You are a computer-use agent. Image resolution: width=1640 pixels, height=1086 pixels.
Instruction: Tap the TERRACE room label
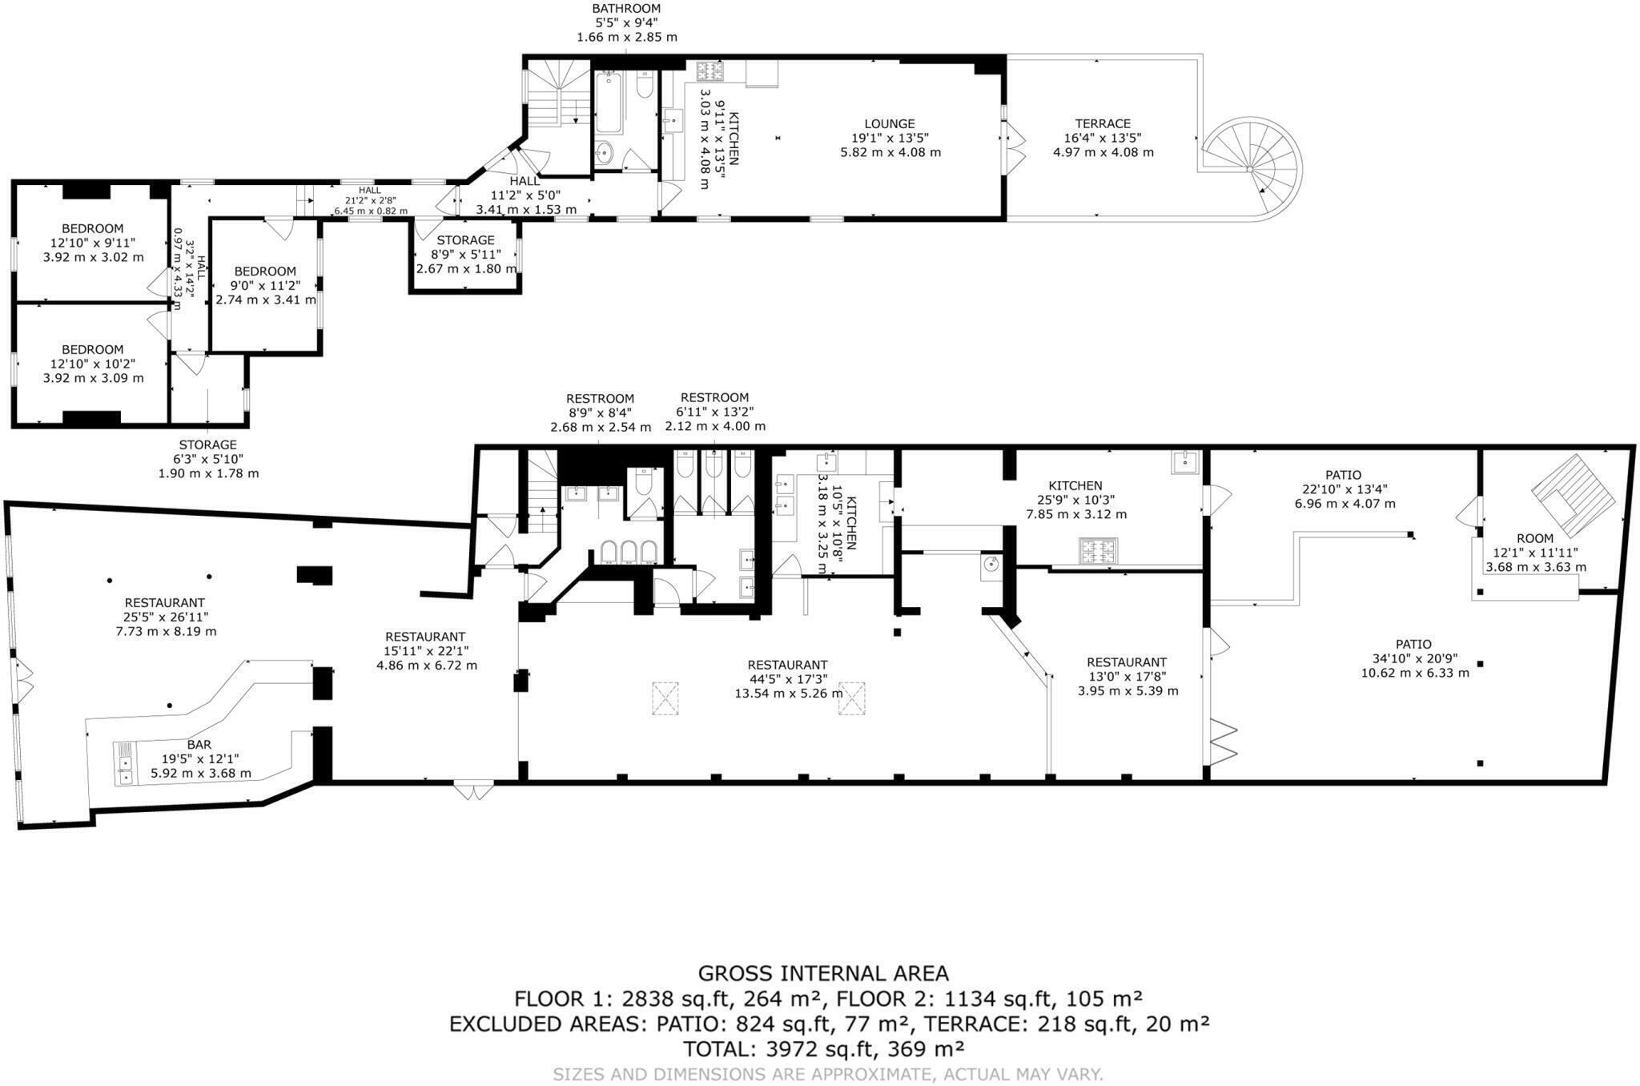click(1103, 123)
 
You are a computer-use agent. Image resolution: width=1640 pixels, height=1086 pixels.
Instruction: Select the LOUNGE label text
click(890, 123)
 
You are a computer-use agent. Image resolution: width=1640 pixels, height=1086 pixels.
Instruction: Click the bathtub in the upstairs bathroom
click(609, 102)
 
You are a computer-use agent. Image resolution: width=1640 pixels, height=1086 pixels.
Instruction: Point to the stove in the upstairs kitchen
click(709, 72)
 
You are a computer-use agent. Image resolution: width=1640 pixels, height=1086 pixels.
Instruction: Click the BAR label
click(199, 744)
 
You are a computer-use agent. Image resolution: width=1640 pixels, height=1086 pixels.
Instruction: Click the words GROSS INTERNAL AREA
click(823, 973)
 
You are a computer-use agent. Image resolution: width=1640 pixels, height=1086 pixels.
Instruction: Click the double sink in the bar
click(125, 762)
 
